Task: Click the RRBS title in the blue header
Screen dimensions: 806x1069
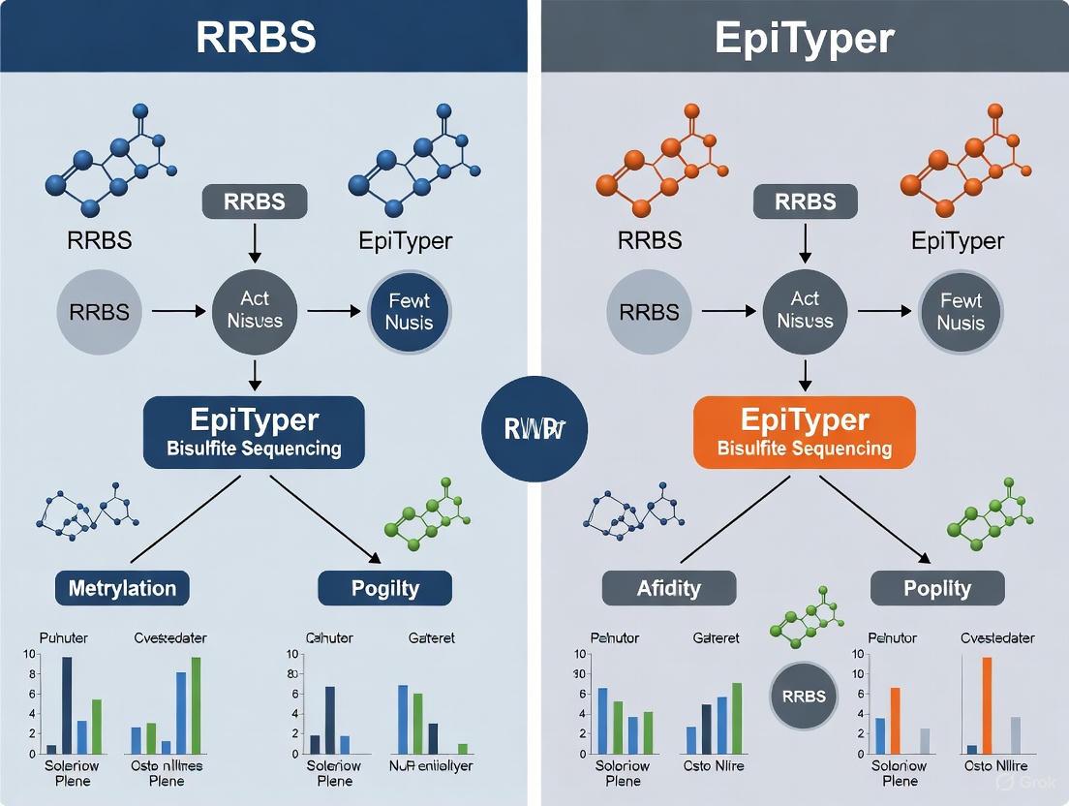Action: point(256,37)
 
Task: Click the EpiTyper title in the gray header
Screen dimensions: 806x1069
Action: point(804,37)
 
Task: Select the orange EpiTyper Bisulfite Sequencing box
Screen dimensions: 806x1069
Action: point(804,432)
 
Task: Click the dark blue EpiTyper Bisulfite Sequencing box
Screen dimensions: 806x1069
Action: point(254,432)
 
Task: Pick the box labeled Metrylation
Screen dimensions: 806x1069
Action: point(122,588)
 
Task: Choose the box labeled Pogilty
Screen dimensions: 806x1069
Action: point(384,588)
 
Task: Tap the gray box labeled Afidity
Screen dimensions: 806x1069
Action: point(669,588)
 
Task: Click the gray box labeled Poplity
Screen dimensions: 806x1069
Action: point(937,588)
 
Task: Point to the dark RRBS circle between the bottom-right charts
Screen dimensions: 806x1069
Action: point(803,696)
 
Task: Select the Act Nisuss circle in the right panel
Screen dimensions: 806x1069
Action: point(804,311)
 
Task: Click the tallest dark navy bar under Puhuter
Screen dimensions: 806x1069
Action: point(67,705)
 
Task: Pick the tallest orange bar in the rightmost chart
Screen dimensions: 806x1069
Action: point(987,705)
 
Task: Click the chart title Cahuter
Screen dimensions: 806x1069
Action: point(329,638)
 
